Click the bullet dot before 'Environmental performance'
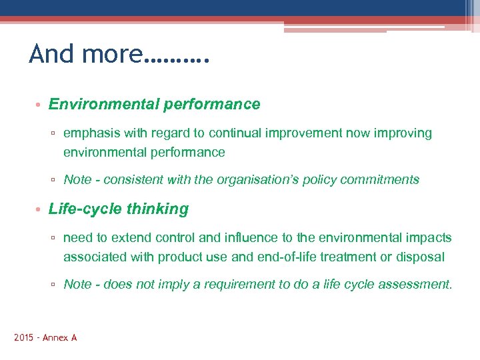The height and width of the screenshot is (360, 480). [x=39, y=105]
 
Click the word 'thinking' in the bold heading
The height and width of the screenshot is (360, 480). [x=157, y=209]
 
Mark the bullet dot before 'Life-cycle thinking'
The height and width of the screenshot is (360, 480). [x=39, y=210]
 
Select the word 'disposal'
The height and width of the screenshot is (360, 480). [x=421, y=257]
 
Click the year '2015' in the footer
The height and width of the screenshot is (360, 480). [x=25, y=338]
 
